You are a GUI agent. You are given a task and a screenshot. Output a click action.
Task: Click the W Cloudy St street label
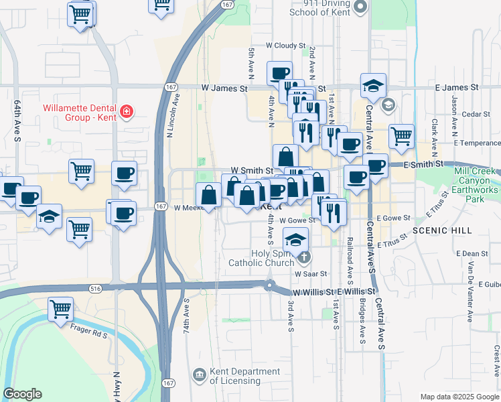pos(285,46)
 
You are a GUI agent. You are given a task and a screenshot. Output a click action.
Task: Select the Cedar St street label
pos(476,114)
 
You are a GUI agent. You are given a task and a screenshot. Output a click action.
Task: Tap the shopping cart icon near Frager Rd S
pos(60,309)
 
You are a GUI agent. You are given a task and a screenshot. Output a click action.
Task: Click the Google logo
pos(22,394)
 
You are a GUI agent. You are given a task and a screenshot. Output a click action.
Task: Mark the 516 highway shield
pos(95,288)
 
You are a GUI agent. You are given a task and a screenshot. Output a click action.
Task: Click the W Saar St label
pos(310,273)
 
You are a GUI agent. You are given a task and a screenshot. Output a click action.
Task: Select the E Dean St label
pos(475,253)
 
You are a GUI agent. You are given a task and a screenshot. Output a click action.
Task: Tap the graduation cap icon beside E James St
pos(373,85)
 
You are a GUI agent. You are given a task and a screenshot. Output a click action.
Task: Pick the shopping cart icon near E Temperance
pos(401,136)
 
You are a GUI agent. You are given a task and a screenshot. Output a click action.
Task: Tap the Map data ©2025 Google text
pos(459,397)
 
